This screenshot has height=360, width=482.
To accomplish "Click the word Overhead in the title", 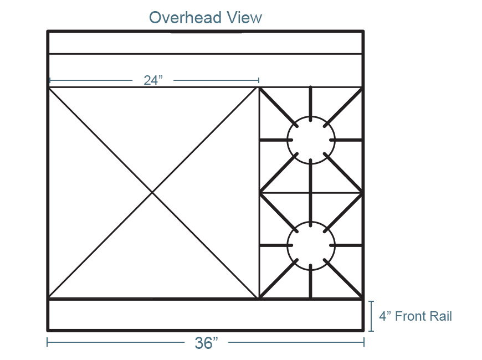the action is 185,18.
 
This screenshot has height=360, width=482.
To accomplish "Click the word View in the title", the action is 245,18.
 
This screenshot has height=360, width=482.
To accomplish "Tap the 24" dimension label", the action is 153,80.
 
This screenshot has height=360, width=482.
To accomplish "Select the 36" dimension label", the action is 206,342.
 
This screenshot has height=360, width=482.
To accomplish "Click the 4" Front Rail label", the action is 416,316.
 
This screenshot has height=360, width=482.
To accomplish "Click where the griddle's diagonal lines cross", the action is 152,192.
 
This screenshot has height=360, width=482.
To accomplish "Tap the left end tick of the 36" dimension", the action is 47,342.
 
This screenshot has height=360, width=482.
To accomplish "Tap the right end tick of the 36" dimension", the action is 364,342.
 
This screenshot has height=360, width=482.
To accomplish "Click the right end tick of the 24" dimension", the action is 259,80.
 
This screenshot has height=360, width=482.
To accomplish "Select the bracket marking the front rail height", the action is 372,316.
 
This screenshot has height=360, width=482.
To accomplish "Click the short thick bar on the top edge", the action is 206,32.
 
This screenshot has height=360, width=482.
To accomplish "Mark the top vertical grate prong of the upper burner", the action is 310,104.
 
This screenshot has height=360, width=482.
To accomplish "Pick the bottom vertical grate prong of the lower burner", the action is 310,281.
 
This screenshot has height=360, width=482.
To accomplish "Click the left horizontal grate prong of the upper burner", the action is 276,140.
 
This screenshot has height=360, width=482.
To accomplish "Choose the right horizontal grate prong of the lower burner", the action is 346,245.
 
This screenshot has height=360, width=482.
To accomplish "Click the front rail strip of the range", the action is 206,315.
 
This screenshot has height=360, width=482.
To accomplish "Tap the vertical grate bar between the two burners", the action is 310,193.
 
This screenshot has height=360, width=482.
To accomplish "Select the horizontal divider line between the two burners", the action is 310,193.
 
